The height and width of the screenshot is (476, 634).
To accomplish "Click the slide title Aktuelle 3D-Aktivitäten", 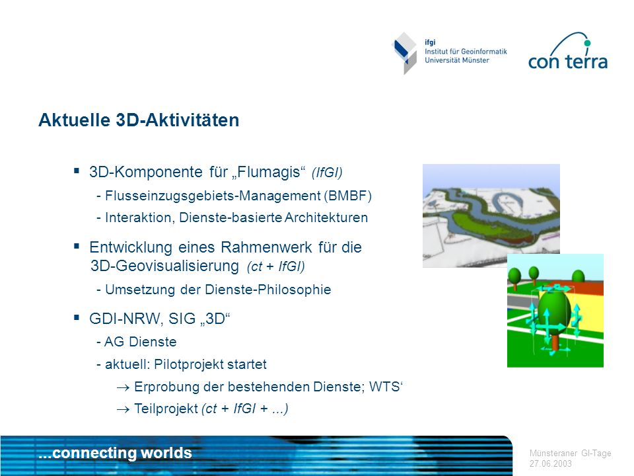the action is pos(139,120).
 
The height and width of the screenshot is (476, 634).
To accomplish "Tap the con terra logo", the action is pos(568,52).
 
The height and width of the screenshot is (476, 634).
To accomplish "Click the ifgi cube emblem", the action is pos(405,53).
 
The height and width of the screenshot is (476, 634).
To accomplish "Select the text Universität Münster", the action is pos(456,60).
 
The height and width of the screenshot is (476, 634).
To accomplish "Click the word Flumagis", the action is pos(269,172).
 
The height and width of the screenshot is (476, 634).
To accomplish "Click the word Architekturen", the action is pos(326,218).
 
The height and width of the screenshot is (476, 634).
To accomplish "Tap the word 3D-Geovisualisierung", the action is pos(165,266).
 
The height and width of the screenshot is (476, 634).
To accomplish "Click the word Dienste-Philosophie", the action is pos(267,290).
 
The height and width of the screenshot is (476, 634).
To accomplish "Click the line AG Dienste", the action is pos(137,342).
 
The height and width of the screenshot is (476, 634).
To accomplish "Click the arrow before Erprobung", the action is pos(123,388).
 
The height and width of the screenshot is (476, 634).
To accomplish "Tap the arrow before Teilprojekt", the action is pos(123,410).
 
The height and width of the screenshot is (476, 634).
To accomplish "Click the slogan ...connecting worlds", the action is pos(115,453).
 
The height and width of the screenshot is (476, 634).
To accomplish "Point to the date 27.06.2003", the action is pos(550,464).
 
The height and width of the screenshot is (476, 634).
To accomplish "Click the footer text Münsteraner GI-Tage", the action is pos(570,454).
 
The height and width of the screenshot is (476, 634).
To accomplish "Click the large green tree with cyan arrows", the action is pos(553,317).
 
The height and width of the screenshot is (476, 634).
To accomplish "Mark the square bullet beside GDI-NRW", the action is pos(77,318).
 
